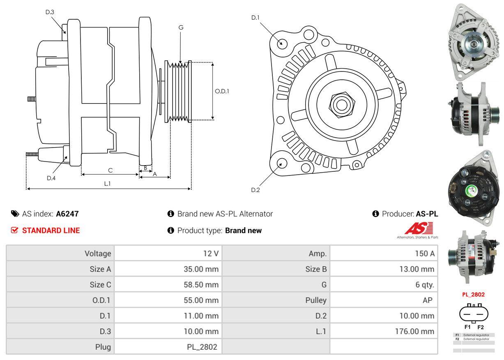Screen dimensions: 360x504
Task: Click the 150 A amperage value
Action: pos(424,254)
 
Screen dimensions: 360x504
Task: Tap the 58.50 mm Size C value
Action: pos(201,284)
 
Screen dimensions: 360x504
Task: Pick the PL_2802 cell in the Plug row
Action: pos(202,347)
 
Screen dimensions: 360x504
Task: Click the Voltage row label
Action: pos(98,254)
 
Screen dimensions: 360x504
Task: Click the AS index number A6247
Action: pos(67,214)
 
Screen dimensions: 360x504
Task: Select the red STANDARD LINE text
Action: pos(51,231)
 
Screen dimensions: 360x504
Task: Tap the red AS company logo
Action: pos(419,228)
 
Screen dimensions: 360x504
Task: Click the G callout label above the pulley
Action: pos(181,28)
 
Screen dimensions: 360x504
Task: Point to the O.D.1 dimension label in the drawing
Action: pos(222,91)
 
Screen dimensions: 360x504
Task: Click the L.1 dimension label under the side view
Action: pos(107,184)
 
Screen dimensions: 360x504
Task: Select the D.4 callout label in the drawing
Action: pos(51,178)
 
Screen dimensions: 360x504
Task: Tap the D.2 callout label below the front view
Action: pos(255,190)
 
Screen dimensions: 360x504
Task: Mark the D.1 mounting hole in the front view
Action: pos(282,43)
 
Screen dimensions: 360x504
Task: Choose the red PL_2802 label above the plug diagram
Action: pos(473,295)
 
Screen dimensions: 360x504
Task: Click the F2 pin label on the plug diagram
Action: pos(481,327)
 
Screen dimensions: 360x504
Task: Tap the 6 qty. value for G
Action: pos(424,284)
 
